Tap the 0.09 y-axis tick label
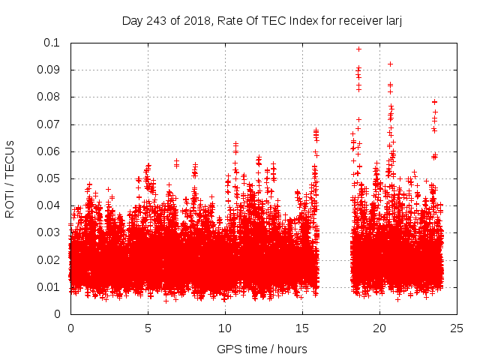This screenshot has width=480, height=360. (50, 70)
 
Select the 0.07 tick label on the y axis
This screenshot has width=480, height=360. (50, 124)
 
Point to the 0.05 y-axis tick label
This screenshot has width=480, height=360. (50, 178)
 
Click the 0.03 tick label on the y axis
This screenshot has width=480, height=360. (50, 232)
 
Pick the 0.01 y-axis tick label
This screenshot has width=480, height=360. (50, 287)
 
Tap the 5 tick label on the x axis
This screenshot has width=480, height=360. (148, 328)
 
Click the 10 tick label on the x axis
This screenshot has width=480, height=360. (225, 328)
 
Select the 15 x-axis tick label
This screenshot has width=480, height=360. (302, 328)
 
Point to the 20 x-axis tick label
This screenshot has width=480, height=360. (379, 328)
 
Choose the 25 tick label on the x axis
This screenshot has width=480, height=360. (457, 328)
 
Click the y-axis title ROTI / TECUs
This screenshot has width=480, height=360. (10, 178)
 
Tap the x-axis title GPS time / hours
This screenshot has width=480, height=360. (262, 349)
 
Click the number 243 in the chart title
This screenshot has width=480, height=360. (156, 20)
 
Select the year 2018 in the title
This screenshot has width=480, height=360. (194, 20)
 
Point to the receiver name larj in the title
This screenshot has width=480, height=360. (392, 20)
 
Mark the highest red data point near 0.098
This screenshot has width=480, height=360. (358, 49)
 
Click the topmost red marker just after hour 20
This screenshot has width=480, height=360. (390, 64)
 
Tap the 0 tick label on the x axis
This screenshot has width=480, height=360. (70, 328)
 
